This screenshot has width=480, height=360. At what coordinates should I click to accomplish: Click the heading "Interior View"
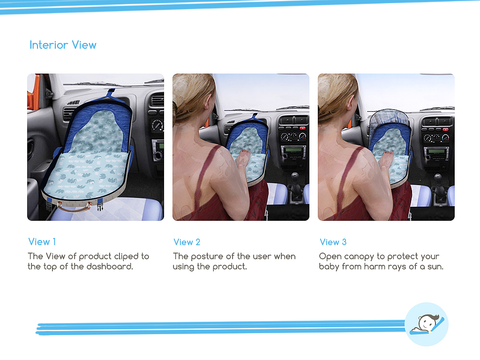coord(63,45)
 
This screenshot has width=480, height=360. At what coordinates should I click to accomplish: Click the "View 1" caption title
coord(42,242)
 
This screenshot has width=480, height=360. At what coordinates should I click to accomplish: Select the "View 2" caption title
coord(187,242)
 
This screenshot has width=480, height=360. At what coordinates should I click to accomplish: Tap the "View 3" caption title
coord(333,242)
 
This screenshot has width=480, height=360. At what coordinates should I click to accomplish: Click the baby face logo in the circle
coord(427,324)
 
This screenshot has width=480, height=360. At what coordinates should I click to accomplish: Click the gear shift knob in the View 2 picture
coord(295,177)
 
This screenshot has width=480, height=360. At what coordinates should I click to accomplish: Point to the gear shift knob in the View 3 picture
coord(438,178)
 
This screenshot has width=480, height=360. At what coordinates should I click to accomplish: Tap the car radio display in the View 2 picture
coord(294,150)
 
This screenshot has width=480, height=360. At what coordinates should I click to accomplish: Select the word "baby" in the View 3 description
coord(329,267)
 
